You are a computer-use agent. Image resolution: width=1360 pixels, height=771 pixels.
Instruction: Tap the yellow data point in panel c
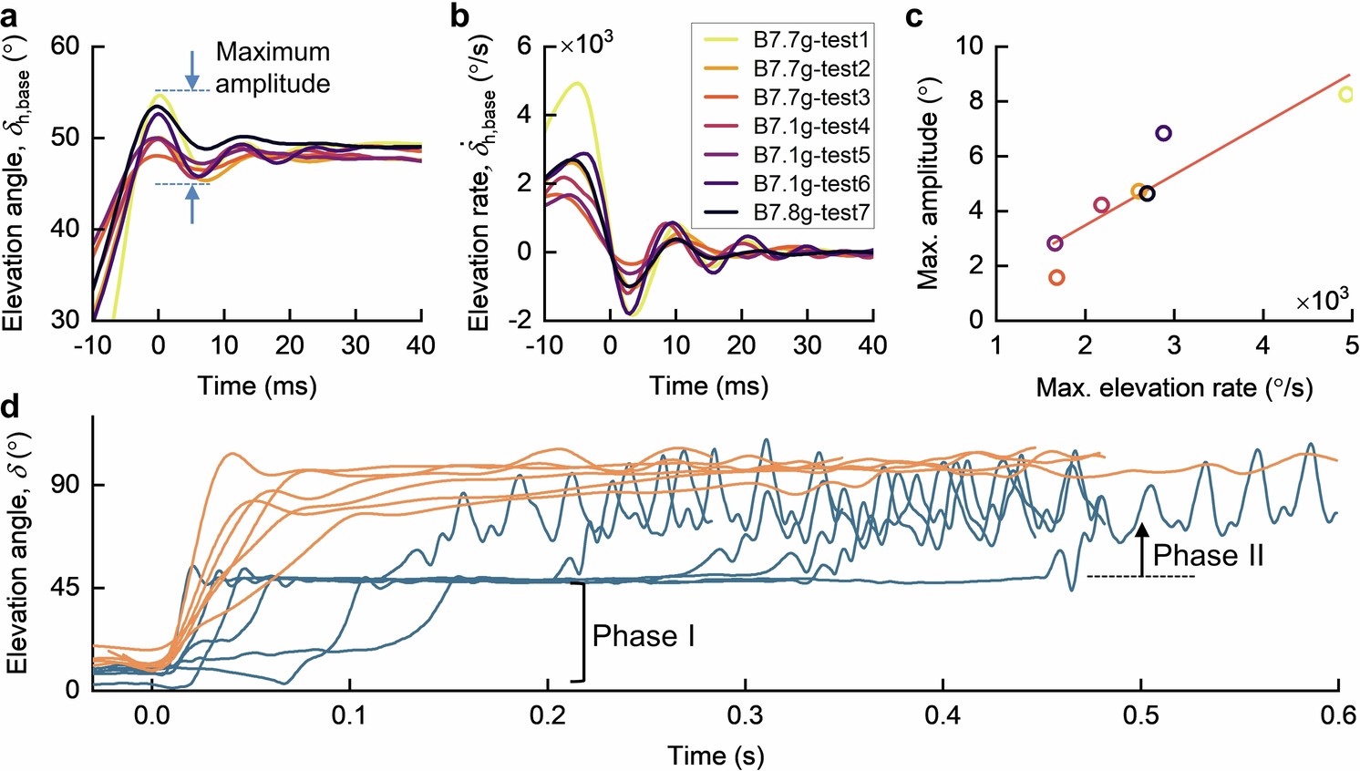[x=1345, y=94]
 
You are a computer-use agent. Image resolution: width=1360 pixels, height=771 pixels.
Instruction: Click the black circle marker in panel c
[x=1147, y=193]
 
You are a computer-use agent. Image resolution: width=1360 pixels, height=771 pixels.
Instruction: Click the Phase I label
[x=644, y=635]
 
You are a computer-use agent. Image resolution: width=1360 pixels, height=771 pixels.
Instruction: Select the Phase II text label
[x=1208, y=555]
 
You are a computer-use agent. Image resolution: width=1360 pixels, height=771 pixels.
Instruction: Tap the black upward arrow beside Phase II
[x=1140, y=550]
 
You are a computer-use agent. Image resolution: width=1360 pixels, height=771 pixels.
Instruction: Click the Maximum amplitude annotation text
[x=273, y=67]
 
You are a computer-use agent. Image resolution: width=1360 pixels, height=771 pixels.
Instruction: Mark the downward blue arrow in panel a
[x=191, y=70]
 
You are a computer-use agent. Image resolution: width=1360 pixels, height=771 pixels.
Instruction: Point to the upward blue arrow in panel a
[x=191, y=204]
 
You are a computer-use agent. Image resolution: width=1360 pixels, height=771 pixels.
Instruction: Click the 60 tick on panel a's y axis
[x=67, y=46]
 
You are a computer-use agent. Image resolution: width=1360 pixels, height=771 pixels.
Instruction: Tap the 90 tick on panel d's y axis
[x=66, y=485]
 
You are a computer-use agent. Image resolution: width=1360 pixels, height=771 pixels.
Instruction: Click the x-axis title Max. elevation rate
[x=1174, y=388]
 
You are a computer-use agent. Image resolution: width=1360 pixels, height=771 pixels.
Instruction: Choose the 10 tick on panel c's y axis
[x=972, y=46]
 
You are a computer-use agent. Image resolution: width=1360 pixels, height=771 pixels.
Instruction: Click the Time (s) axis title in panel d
[x=716, y=755]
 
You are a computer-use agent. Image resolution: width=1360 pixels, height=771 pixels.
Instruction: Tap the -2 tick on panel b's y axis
[x=520, y=320]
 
